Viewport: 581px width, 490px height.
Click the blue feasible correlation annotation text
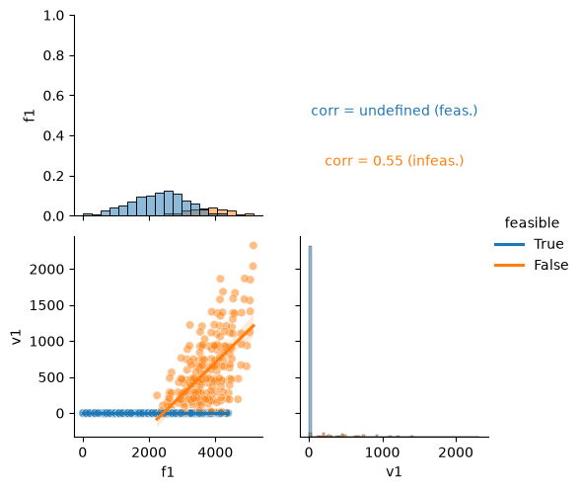[395, 111]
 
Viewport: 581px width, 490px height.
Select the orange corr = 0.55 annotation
[395, 161]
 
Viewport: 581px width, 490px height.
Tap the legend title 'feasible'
[532, 222]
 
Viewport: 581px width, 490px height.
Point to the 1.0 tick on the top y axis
[53, 16]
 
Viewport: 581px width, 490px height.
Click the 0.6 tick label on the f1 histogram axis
[53, 96]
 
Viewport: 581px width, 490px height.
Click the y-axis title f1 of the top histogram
[30, 116]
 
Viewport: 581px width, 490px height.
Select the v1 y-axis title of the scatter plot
[17, 337]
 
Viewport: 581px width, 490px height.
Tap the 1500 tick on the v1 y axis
[46, 305]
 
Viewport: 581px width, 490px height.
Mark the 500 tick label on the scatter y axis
[51, 377]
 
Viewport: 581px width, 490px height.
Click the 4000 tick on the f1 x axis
[215, 452]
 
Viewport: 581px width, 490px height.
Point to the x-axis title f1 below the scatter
[168, 472]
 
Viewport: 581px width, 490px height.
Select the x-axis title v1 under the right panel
[394, 472]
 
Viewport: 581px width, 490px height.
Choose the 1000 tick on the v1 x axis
[383, 452]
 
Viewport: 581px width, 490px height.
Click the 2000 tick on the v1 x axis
[456, 452]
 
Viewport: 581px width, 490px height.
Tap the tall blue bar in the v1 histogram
[310, 341]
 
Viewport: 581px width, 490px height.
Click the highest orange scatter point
[254, 245]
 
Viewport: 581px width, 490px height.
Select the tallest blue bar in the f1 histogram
[169, 204]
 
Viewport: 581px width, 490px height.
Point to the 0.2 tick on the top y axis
[53, 176]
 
